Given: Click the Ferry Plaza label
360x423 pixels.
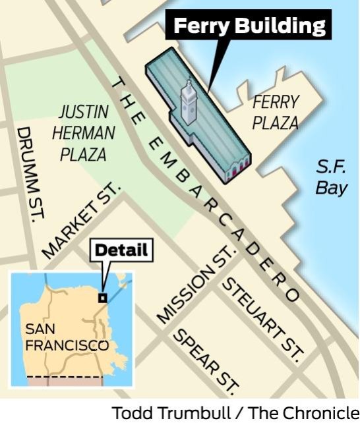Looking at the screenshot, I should tap(276, 112).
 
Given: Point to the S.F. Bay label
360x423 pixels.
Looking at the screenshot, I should tap(330, 177).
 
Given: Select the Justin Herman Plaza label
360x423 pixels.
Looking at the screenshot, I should tap(84, 132).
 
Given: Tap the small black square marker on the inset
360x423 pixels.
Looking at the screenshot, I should tap(102, 298).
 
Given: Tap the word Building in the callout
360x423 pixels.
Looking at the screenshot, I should tap(283, 26).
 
